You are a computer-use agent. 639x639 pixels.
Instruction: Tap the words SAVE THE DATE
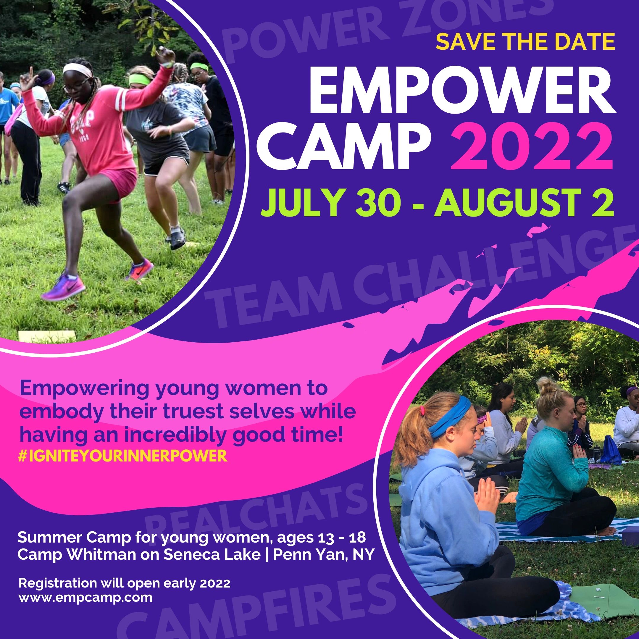pyautogui.click(x=525, y=42)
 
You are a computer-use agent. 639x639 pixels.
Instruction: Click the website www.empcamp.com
pyautogui.click(x=85, y=598)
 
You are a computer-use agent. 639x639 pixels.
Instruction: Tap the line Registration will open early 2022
pyautogui.click(x=124, y=583)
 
